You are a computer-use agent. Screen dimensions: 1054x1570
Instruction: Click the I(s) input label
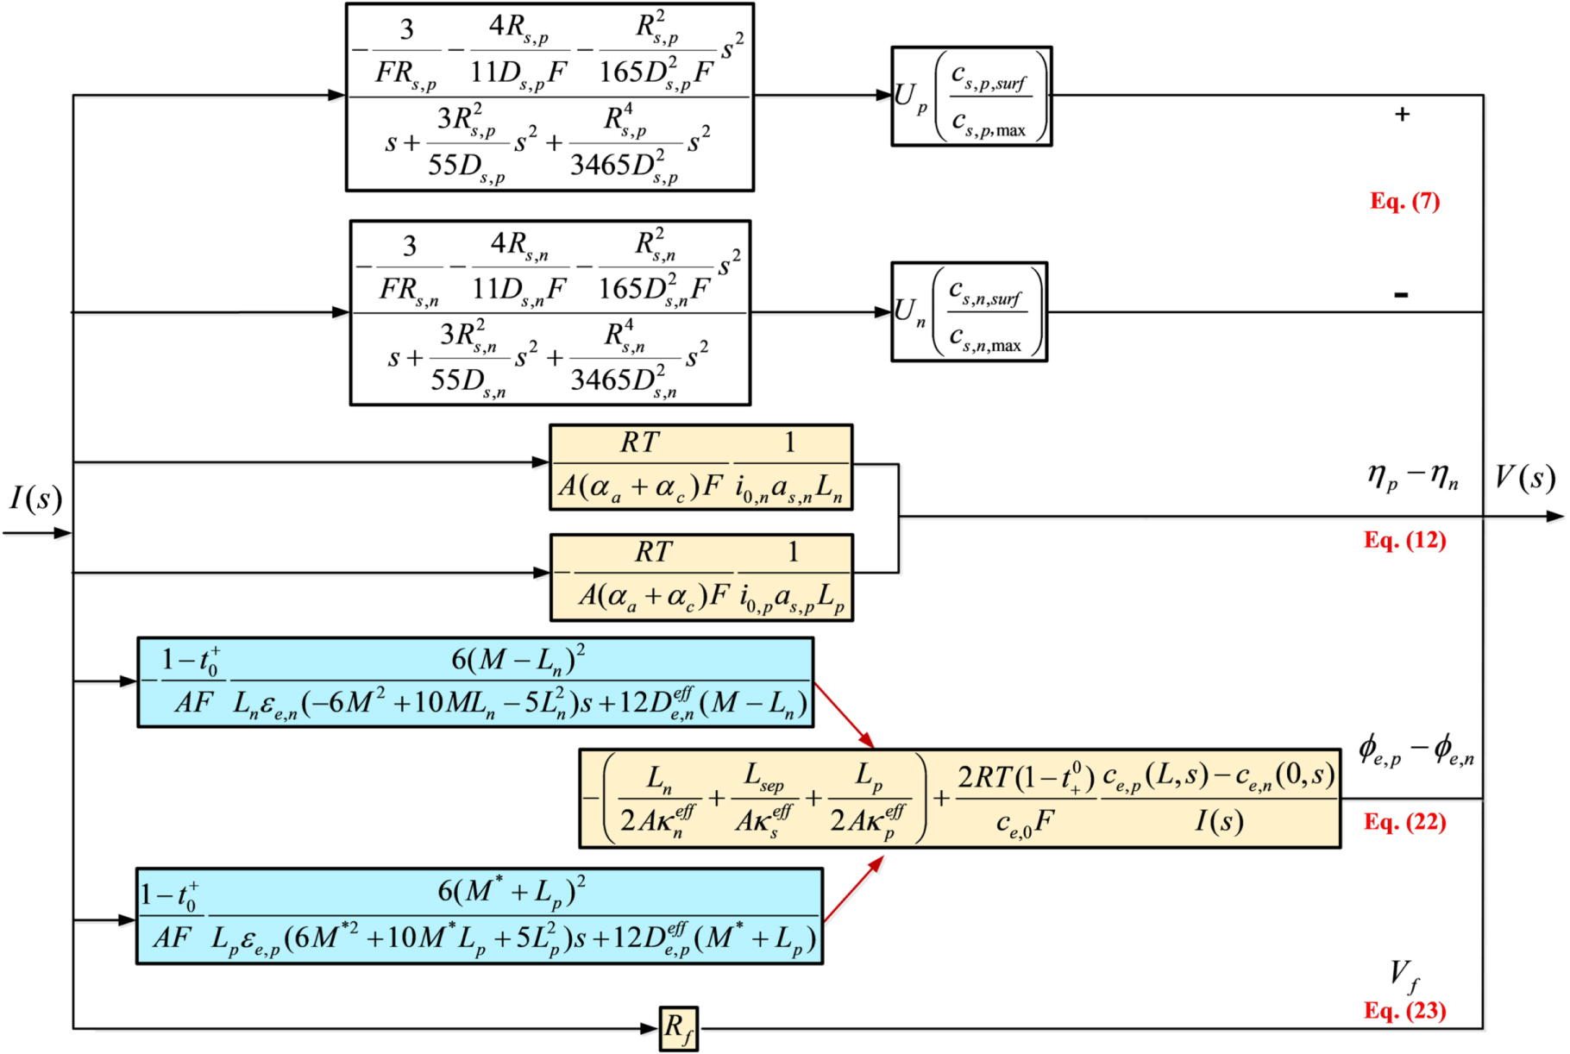tap(35, 499)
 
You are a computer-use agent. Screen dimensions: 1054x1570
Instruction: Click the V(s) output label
tap(1525, 478)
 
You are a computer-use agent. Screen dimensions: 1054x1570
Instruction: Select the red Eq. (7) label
tap(1405, 201)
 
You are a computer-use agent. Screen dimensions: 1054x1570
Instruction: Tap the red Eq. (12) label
tap(1404, 540)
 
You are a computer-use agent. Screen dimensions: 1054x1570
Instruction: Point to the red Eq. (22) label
tap(1404, 822)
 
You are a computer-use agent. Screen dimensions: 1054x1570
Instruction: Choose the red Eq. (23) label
tap(1404, 1010)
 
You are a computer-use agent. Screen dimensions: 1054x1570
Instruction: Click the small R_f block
tap(678, 1028)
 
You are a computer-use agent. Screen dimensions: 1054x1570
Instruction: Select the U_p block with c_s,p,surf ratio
tap(970, 97)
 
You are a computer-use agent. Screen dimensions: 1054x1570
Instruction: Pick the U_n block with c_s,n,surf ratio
tap(968, 312)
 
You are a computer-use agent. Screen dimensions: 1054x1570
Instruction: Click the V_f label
tap(1404, 976)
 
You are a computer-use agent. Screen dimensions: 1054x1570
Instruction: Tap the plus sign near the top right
tap(1402, 114)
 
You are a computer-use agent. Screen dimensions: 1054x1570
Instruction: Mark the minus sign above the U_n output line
tap(1401, 295)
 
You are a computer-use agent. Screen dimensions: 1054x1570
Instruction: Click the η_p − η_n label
tap(1412, 477)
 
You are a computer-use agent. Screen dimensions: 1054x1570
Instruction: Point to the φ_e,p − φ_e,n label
tap(1416, 750)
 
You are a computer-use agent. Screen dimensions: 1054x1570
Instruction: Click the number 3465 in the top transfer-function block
tap(600, 165)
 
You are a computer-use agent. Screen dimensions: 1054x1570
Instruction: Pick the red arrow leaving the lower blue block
tap(853, 889)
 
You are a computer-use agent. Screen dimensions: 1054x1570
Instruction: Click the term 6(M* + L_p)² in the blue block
tap(512, 891)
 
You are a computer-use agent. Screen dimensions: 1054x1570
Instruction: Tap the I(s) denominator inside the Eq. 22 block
tap(1219, 821)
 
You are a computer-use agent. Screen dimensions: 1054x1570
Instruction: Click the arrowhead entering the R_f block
tap(650, 1028)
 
